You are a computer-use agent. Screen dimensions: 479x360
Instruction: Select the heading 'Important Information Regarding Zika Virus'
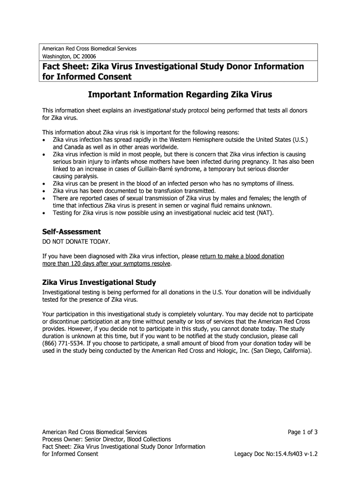pyautogui.click(x=180, y=95)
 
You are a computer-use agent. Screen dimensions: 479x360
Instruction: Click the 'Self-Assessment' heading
pyautogui.click(x=72, y=232)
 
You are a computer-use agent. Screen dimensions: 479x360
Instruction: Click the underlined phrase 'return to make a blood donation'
pyautogui.click(x=242, y=256)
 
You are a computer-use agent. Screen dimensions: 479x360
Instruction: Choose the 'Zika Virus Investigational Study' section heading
pyautogui.click(x=99, y=283)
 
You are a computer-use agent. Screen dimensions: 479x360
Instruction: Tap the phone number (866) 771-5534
pyautogui.click(x=64, y=343)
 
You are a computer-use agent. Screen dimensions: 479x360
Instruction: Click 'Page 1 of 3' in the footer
pyautogui.click(x=302, y=432)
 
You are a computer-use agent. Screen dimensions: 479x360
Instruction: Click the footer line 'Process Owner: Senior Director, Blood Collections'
pyautogui.click(x=107, y=439)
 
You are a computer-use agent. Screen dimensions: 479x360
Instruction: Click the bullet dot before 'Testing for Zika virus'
pyautogui.click(x=44, y=213)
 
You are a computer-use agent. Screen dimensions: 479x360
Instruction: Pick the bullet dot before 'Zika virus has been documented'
pyautogui.click(x=44, y=191)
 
